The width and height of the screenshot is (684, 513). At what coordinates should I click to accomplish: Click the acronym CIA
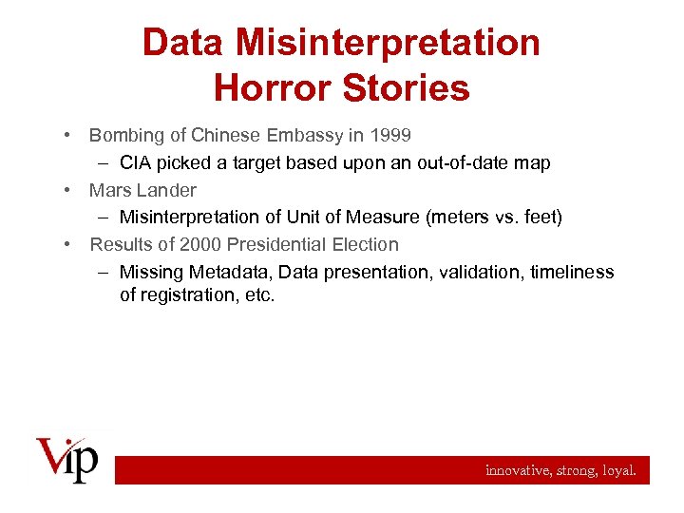136,163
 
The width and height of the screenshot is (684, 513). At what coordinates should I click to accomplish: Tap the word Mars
110,190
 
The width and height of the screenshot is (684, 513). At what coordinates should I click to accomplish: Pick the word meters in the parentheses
460,218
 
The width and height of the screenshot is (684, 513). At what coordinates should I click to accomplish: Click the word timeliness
572,273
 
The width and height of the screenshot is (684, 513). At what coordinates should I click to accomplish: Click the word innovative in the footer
516,469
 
